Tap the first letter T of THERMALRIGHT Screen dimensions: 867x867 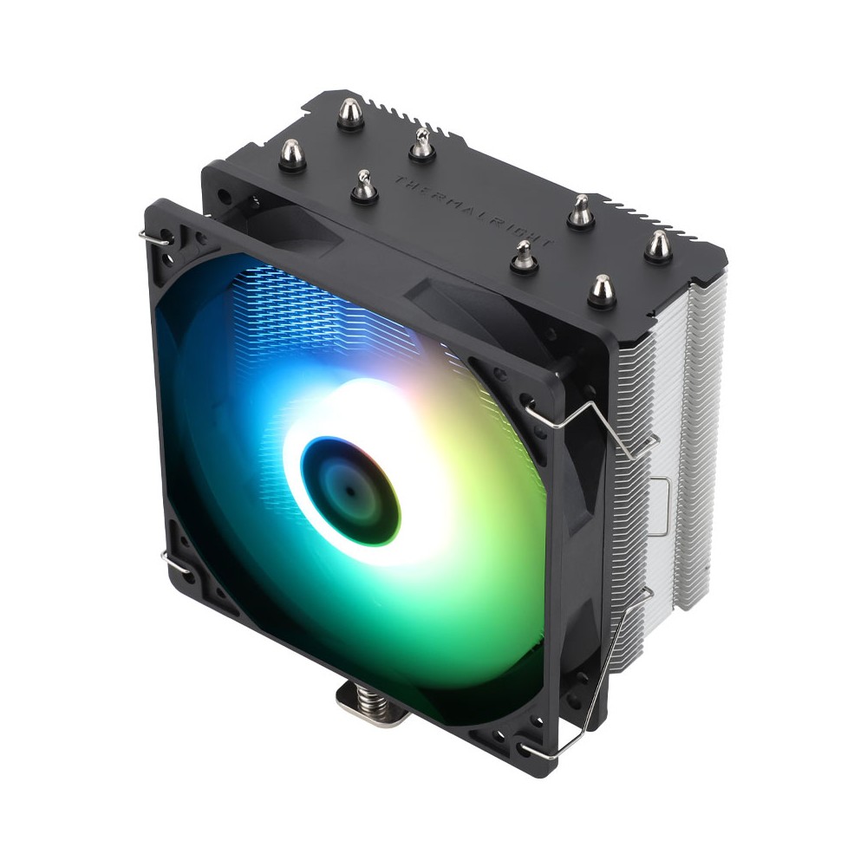(x=400, y=180)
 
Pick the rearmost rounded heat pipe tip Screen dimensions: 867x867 (x=350, y=113)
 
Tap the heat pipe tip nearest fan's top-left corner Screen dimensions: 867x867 (x=292, y=156)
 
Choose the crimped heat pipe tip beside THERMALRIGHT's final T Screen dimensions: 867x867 (x=525, y=257)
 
